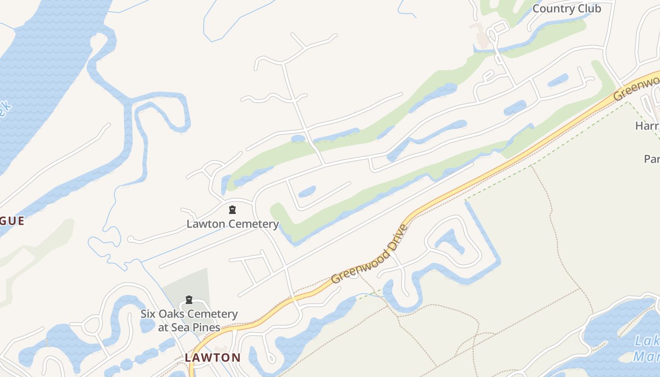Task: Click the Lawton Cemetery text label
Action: point(232,224)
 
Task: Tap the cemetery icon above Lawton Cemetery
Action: point(232,210)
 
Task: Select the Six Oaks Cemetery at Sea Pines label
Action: point(189,320)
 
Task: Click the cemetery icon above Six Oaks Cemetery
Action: point(189,300)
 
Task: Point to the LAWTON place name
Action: point(212,357)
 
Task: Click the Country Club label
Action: point(567,8)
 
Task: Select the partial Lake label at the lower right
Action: point(646,348)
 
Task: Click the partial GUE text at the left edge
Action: point(12,221)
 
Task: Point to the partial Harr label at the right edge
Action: point(647,126)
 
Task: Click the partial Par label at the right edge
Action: point(652,159)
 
